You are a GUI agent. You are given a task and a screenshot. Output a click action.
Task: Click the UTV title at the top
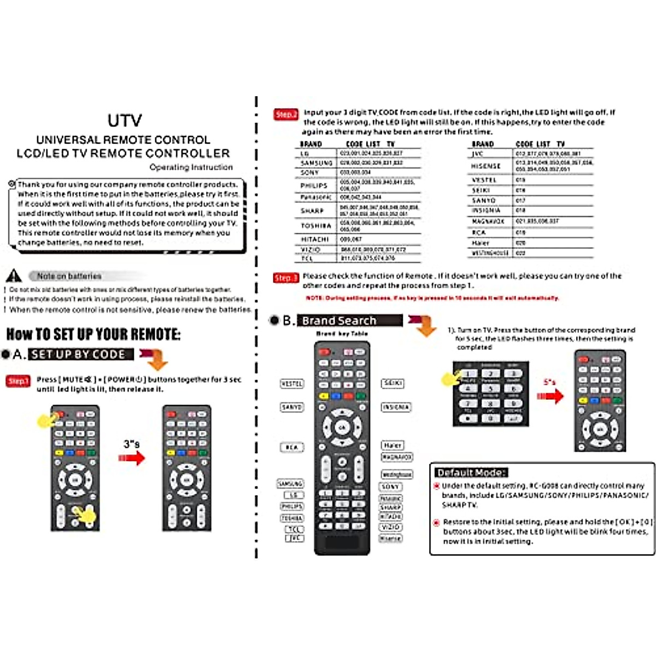125,120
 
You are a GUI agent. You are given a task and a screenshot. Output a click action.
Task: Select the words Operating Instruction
191,167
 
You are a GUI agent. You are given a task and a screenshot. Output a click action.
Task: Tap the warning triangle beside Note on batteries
14,276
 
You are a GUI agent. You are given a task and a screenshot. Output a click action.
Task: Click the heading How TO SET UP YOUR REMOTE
93,334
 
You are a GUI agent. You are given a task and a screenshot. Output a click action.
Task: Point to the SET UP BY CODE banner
81,354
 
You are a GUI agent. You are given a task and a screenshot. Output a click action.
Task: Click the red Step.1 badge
17,381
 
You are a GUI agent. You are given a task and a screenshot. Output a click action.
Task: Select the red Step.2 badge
286,114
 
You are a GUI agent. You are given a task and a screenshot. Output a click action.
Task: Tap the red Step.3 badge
286,278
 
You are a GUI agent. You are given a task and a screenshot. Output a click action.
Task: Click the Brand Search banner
349,320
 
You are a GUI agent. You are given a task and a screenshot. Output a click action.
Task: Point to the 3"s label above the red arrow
131,444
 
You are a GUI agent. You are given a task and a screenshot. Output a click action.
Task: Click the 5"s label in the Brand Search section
549,382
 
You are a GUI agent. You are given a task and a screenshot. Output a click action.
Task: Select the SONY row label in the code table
309,173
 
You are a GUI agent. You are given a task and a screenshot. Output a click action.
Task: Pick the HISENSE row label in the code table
485,166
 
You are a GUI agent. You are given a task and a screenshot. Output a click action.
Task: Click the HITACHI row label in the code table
314,239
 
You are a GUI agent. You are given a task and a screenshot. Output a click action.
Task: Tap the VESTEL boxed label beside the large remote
291,384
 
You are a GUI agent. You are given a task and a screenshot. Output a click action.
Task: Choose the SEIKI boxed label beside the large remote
393,383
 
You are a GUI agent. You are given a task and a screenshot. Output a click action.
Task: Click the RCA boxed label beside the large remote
291,447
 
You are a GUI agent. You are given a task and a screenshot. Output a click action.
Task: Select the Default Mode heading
471,472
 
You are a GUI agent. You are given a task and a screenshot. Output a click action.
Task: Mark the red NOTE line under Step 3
432,298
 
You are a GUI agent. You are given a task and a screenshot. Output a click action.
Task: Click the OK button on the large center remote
342,427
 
